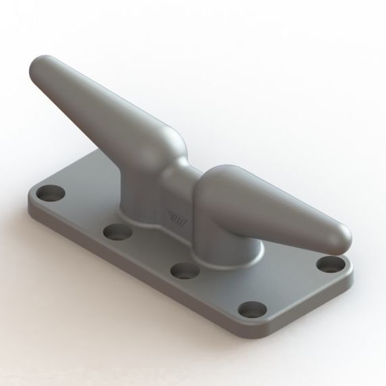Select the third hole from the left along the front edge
tap(183, 270)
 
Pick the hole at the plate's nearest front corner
tap(254, 311)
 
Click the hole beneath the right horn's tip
tap(330, 263)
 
